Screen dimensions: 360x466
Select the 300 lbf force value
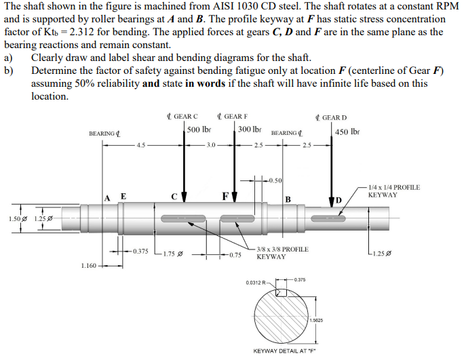click(x=250, y=129)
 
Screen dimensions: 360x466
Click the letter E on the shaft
click(x=123, y=197)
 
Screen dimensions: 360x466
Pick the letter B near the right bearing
click(x=288, y=199)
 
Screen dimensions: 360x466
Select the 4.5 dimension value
click(x=140, y=144)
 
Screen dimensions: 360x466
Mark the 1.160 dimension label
click(x=88, y=266)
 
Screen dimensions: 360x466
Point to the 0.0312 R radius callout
click(x=258, y=283)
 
